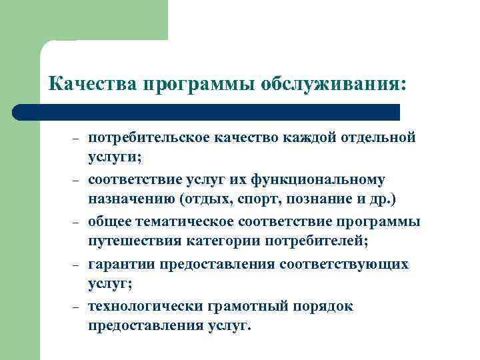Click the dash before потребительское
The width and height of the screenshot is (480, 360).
[76, 139]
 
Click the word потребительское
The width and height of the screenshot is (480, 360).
[149, 137]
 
